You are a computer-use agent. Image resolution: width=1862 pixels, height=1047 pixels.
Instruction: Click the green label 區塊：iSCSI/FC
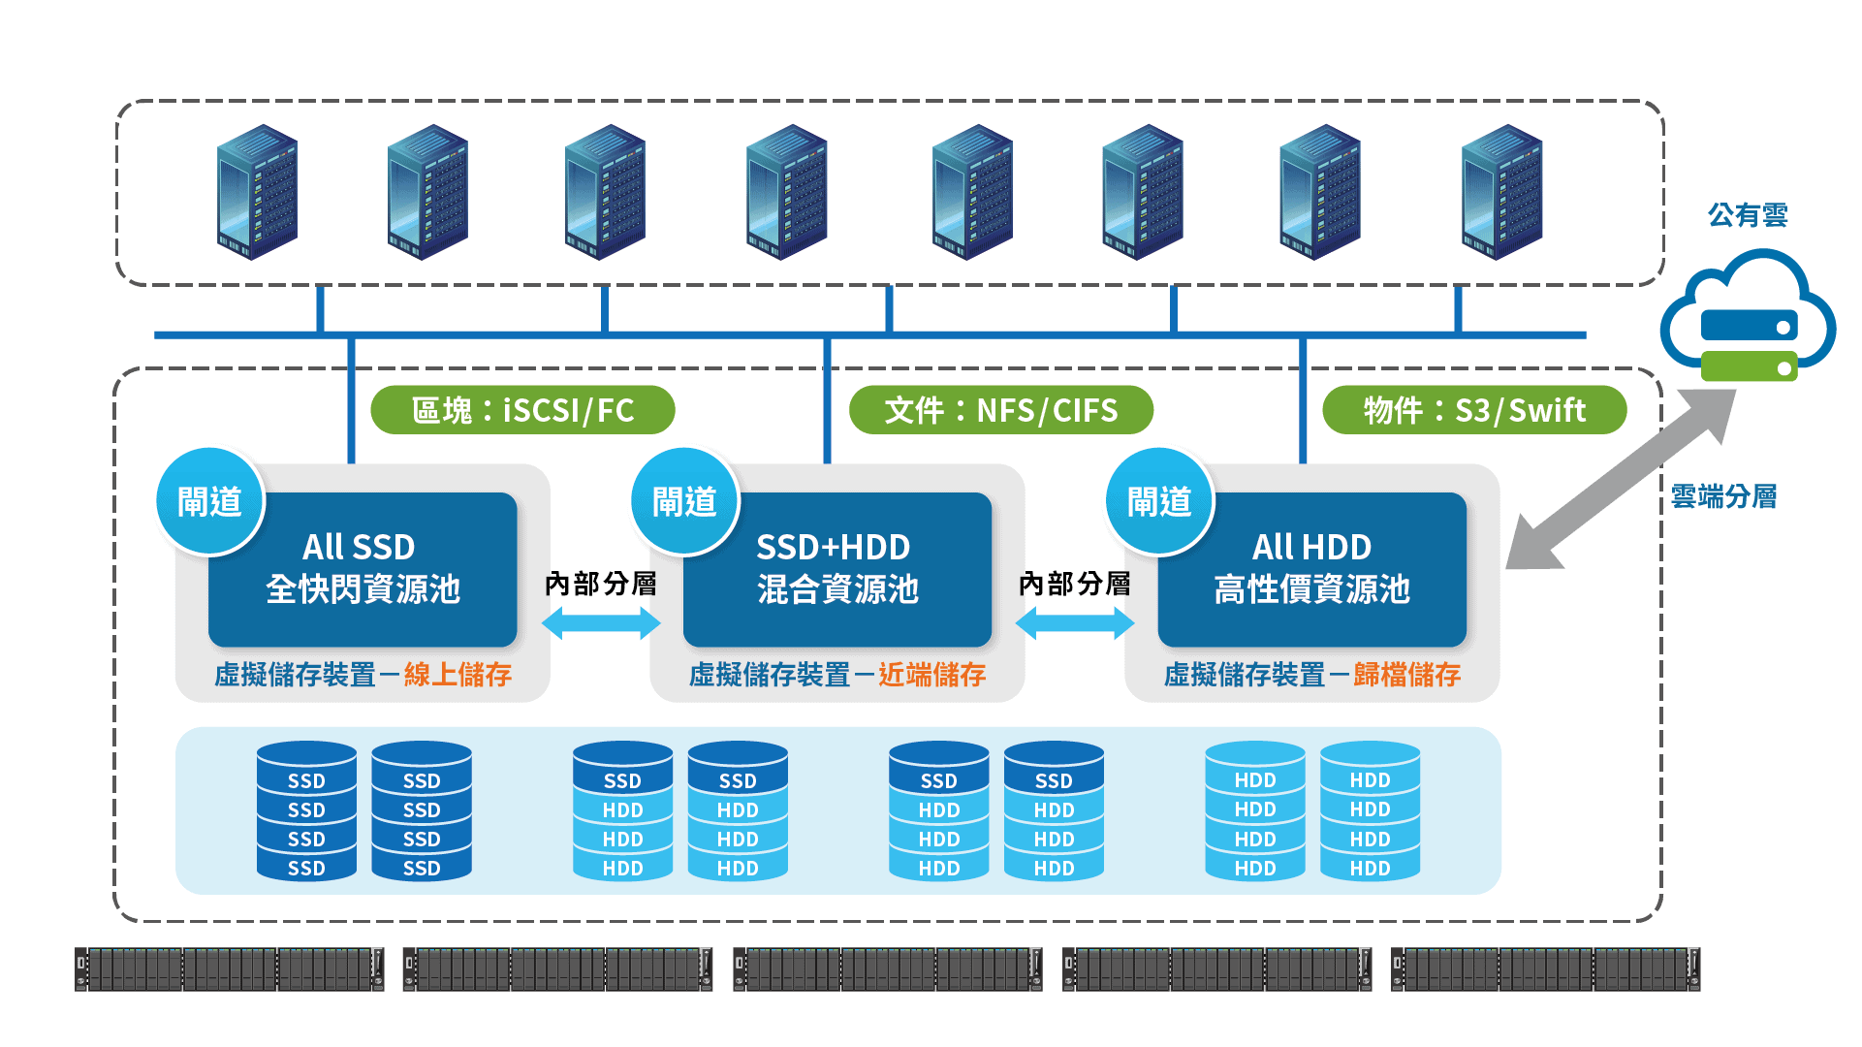[522, 410]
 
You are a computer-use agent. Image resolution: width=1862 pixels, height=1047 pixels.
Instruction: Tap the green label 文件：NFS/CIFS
[1001, 410]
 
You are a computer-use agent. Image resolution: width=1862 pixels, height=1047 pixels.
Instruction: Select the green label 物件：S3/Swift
[1474, 410]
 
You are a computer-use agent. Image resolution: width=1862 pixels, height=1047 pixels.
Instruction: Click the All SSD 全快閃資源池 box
[363, 569]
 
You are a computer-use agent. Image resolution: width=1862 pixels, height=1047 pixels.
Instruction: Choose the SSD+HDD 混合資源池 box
[837, 569]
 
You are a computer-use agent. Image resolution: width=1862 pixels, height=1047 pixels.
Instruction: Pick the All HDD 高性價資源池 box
[1312, 569]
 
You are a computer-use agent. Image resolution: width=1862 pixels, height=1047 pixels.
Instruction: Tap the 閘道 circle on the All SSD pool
[210, 501]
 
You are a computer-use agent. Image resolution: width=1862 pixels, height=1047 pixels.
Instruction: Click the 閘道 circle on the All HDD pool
[1160, 501]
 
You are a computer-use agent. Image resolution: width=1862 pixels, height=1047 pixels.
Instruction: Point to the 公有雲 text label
[1748, 215]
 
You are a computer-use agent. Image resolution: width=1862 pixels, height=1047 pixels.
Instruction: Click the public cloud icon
[1748, 316]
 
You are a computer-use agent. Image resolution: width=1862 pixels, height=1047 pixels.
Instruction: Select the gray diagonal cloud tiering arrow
[1621, 479]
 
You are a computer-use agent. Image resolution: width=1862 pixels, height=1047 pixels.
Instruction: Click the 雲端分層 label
[1723, 496]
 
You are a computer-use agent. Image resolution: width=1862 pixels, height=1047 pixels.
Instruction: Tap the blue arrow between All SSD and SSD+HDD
[601, 622]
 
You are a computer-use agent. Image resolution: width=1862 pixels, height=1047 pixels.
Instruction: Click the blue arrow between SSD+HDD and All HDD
[1075, 622]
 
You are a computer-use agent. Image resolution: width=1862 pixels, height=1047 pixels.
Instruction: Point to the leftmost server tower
[257, 192]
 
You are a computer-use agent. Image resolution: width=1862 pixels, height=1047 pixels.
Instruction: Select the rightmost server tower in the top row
[1501, 192]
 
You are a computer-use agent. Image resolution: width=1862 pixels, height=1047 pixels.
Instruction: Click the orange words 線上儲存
[458, 675]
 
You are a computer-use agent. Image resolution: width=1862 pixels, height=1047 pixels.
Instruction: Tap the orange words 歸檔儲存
[1407, 675]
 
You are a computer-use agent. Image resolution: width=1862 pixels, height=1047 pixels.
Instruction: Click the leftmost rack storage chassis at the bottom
[230, 969]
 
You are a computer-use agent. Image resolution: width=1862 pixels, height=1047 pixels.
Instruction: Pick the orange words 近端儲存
[932, 675]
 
